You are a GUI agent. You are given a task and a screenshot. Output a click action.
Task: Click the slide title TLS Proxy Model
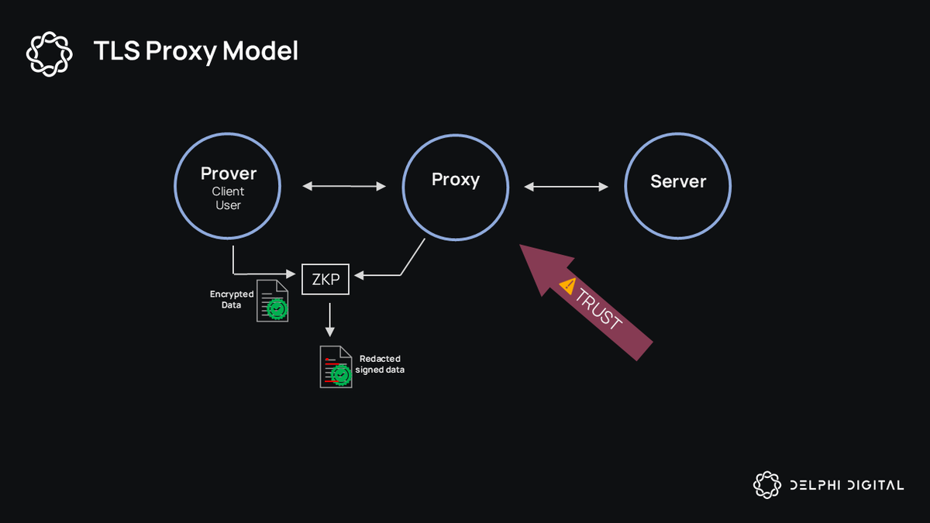click(195, 51)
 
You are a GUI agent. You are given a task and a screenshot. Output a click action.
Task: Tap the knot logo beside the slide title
click(49, 53)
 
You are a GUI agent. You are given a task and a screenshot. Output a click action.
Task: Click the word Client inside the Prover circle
click(228, 191)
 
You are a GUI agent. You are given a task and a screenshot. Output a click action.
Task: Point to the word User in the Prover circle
click(228, 205)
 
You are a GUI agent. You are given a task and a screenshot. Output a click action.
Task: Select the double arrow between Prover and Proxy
click(344, 186)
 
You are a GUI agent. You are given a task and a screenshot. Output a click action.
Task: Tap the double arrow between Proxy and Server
click(566, 186)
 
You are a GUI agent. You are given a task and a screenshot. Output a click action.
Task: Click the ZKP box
click(325, 279)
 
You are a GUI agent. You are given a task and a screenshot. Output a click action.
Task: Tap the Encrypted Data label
click(231, 300)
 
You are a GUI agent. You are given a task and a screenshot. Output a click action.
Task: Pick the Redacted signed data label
click(380, 364)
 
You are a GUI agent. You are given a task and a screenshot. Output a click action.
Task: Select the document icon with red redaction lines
click(336, 367)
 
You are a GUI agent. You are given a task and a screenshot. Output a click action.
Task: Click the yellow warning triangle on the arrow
click(568, 286)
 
